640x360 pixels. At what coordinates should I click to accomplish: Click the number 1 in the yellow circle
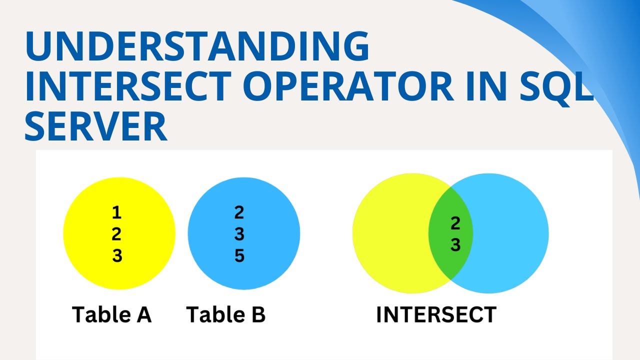point(116,213)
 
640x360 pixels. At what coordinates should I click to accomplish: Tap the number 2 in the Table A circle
point(116,234)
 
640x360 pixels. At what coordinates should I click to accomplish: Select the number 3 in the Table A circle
point(116,256)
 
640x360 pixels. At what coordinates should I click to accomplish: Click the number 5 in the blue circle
point(239,256)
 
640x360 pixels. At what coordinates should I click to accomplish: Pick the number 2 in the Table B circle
point(239,213)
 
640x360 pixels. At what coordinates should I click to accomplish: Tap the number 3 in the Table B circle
point(239,234)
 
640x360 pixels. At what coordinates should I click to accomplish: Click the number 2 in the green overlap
point(455,224)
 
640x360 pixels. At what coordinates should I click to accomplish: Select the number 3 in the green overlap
point(455,245)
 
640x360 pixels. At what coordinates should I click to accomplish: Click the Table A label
point(111,315)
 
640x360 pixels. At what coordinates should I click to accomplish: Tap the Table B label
point(225,315)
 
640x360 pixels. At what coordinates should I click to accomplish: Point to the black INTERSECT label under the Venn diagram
point(436,315)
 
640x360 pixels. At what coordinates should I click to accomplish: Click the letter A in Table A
point(142,315)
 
